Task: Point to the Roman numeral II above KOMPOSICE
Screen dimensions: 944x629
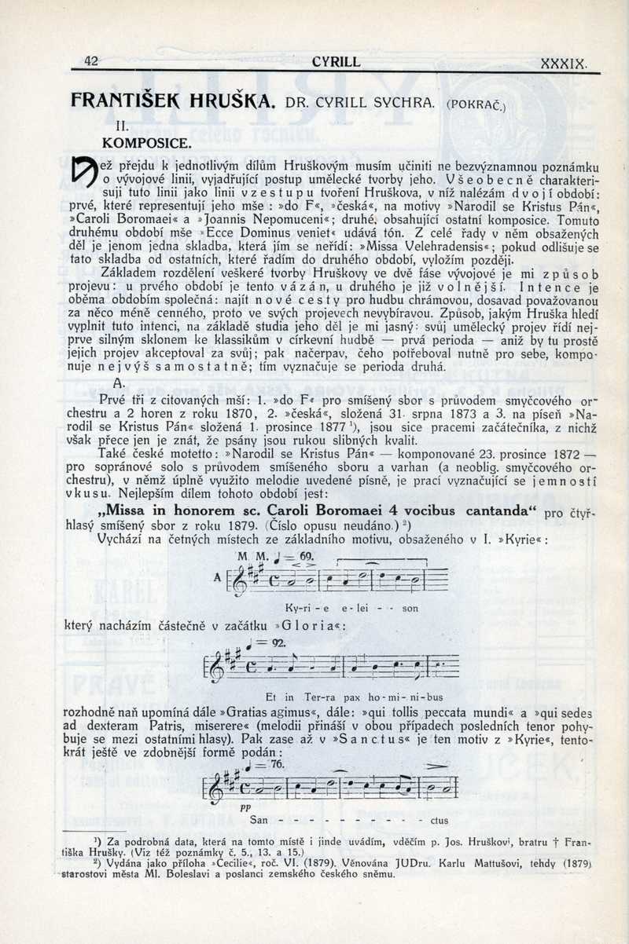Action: (x=122, y=125)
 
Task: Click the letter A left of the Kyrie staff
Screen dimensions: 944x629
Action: (x=218, y=581)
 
